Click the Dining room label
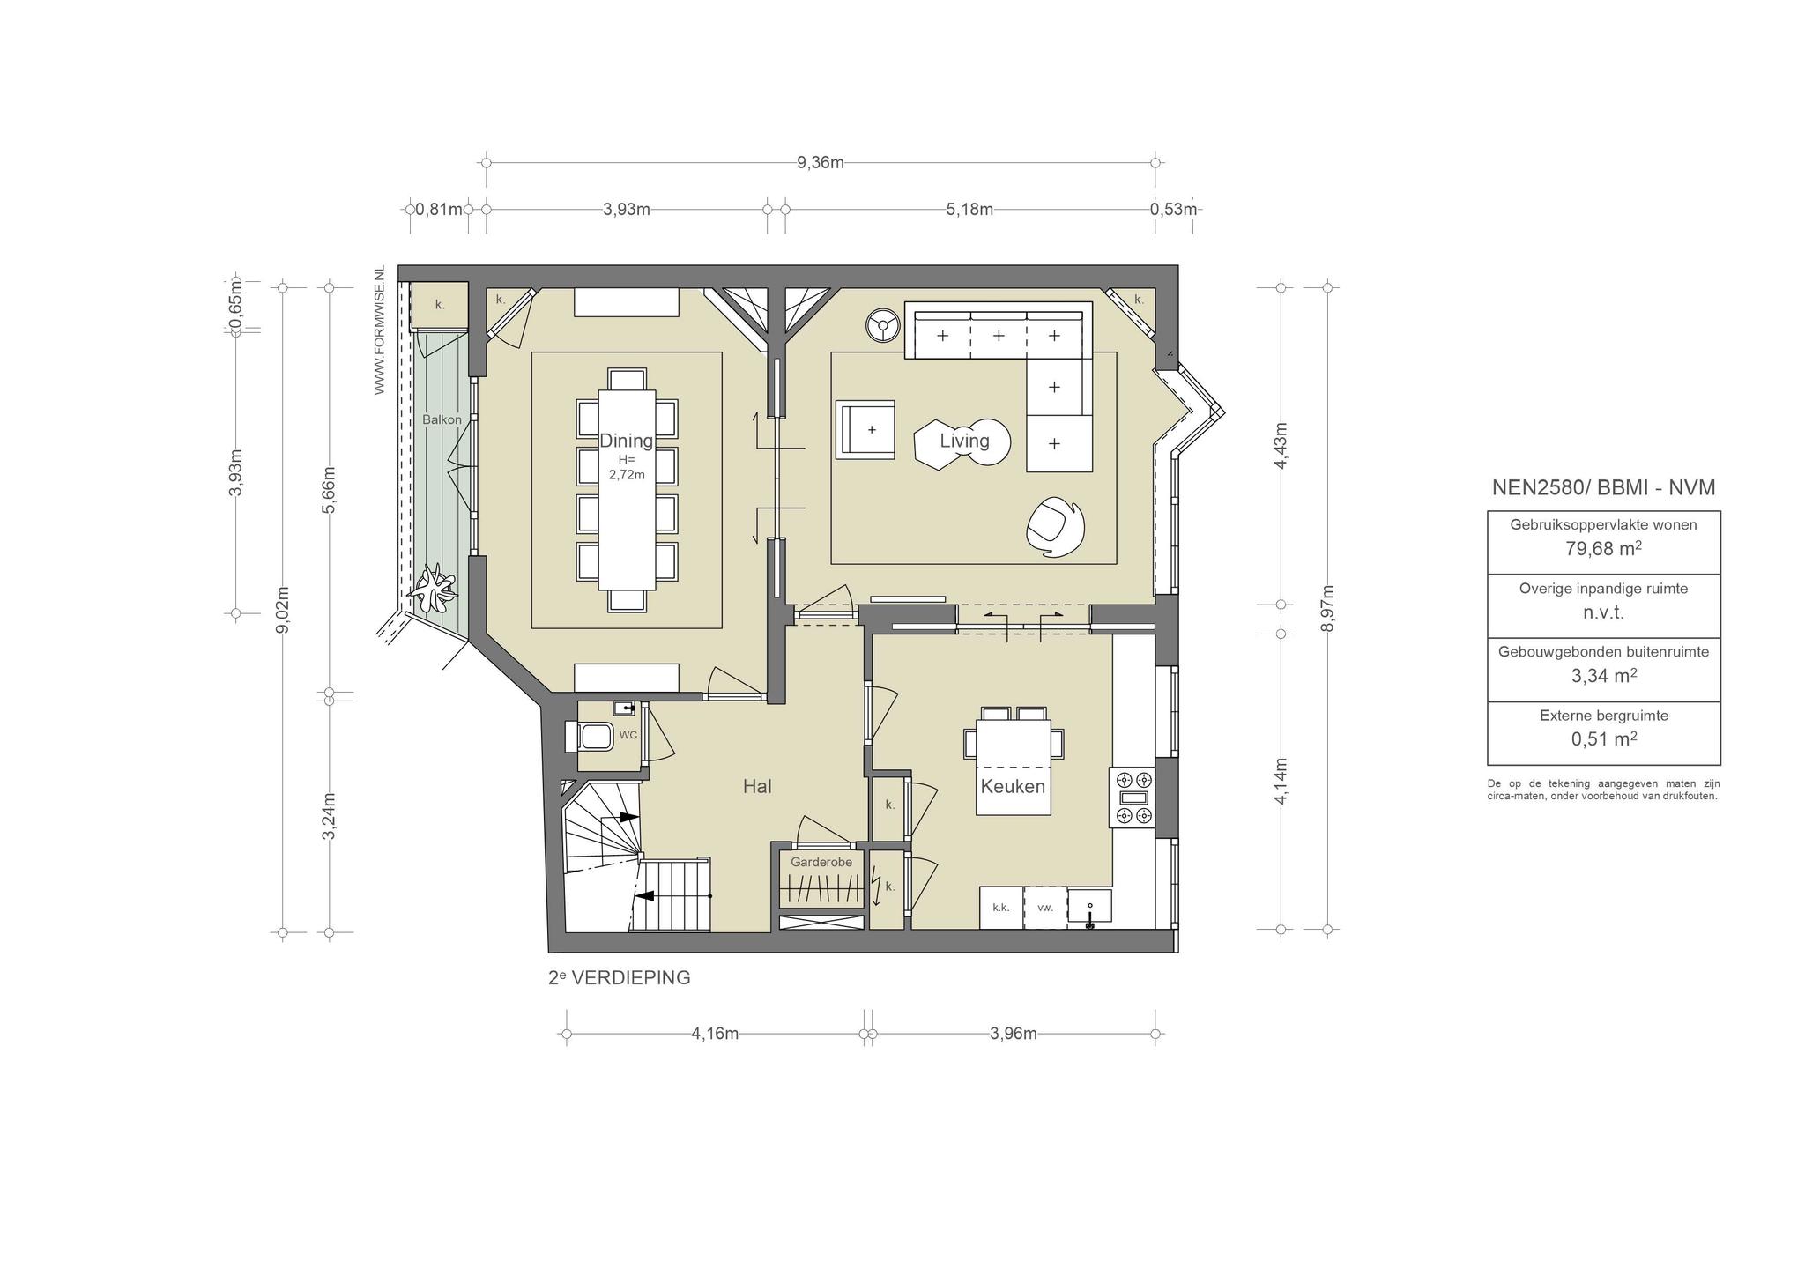click(x=627, y=441)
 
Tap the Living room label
click(x=964, y=441)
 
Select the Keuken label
click(x=1013, y=786)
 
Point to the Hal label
click(x=757, y=786)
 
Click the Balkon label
click(x=442, y=419)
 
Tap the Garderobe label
click(x=821, y=862)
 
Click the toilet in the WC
click(x=590, y=736)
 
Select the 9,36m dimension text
click(x=821, y=162)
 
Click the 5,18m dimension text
click(x=969, y=209)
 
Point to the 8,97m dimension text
click(x=1328, y=608)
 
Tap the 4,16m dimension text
click(x=715, y=1034)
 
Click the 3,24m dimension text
click(x=329, y=816)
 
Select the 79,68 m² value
click(x=1603, y=548)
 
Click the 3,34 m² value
click(x=1603, y=676)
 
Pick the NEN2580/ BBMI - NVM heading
click(x=1603, y=487)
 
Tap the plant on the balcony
click(x=435, y=590)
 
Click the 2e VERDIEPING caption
click(x=620, y=977)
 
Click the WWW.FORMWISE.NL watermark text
click(x=380, y=329)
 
